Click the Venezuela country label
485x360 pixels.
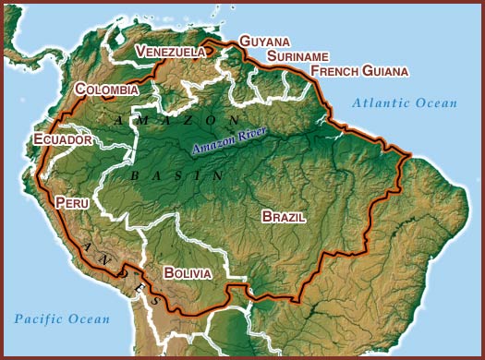(x=170, y=53)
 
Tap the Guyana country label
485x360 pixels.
(x=264, y=42)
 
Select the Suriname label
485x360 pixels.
(x=297, y=56)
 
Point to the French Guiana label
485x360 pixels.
(x=359, y=71)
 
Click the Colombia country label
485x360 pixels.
(x=107, y=90)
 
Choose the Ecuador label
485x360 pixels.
(x=63, y=139)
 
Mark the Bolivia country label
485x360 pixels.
(x=188, y=273)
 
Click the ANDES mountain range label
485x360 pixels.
(x=115, y=270)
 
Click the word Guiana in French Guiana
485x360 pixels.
(x=386, y=71)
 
